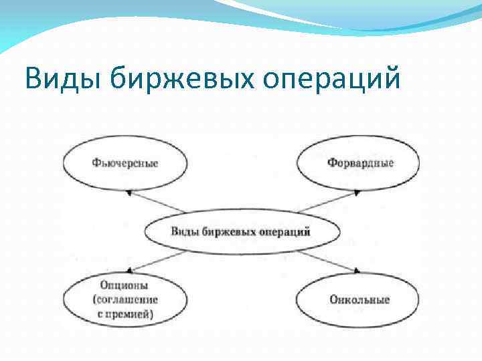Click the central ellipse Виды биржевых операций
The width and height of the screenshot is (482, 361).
click(242, 233)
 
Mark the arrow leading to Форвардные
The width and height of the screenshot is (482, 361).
click(328, 202)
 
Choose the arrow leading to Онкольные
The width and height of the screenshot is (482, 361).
click(328, 261)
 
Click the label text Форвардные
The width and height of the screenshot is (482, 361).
click(361, 163)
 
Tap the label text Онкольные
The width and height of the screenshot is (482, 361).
click(359, 299)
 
